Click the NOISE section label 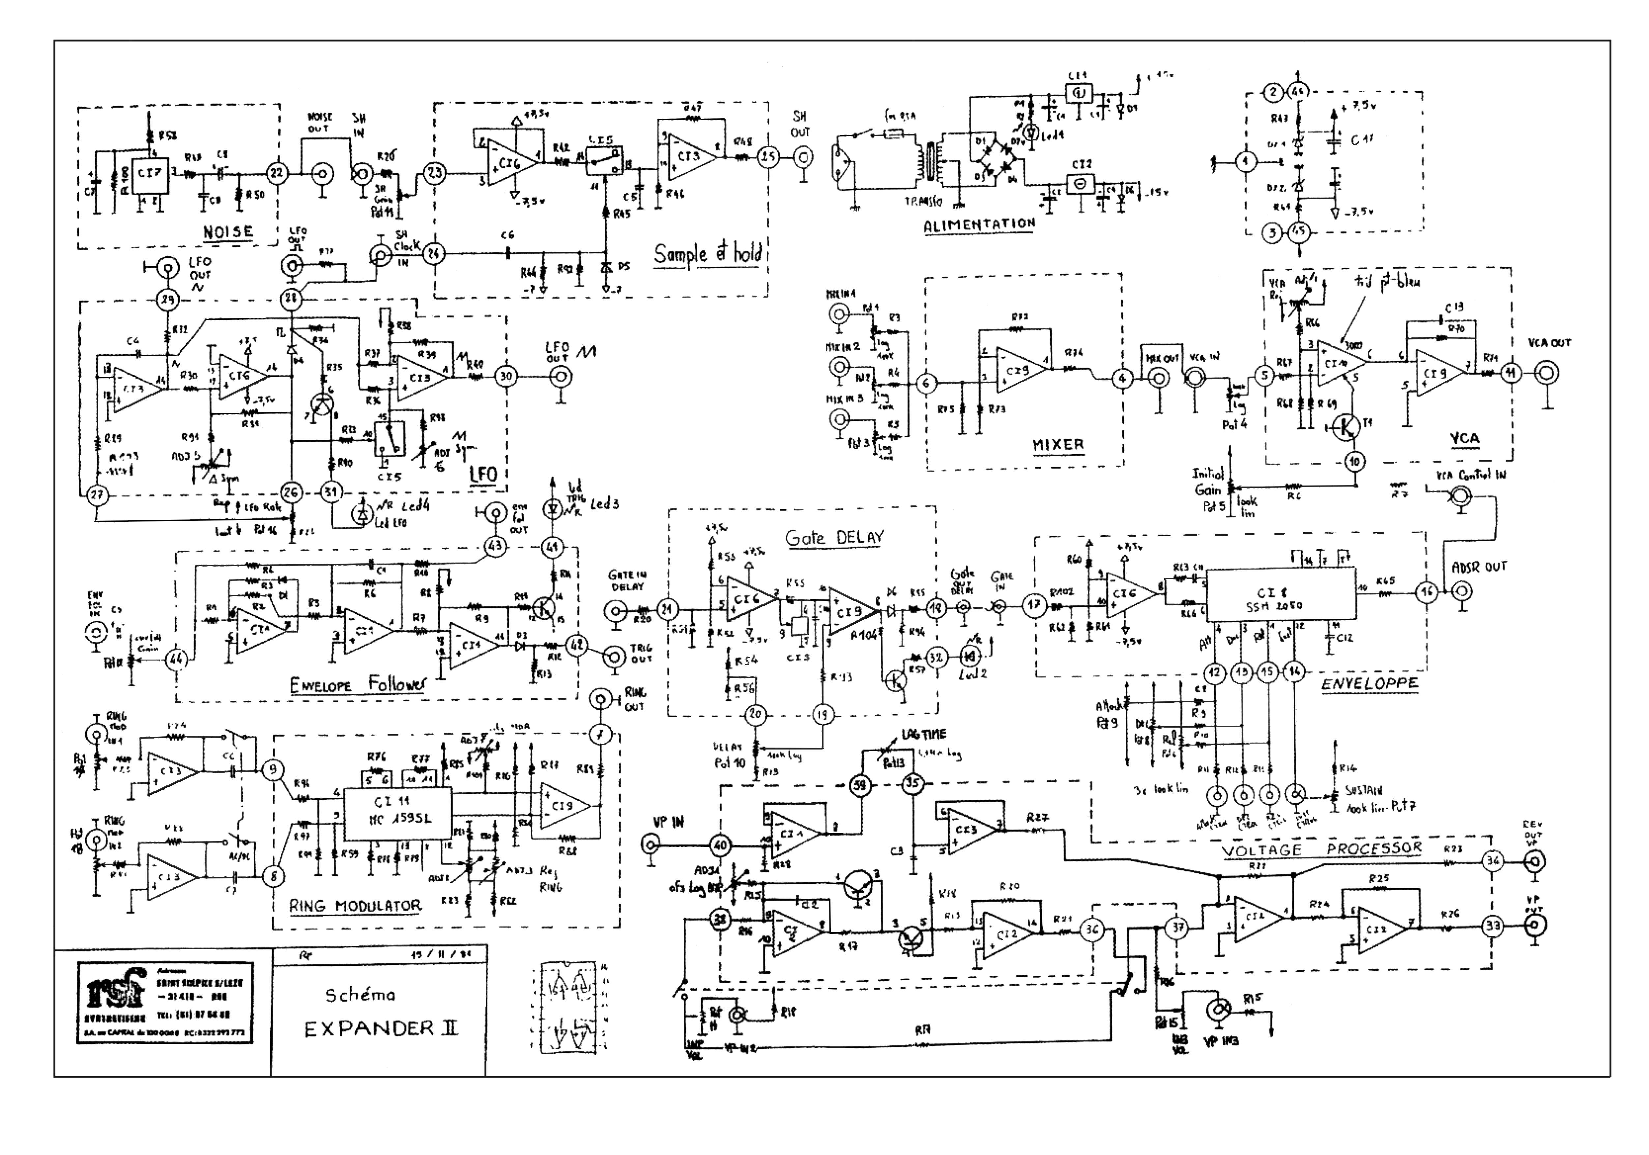(x=228, y=232)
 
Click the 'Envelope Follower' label (x=358, y=685)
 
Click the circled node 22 (x=276, y=173)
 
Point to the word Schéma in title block (x=360, y=995)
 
